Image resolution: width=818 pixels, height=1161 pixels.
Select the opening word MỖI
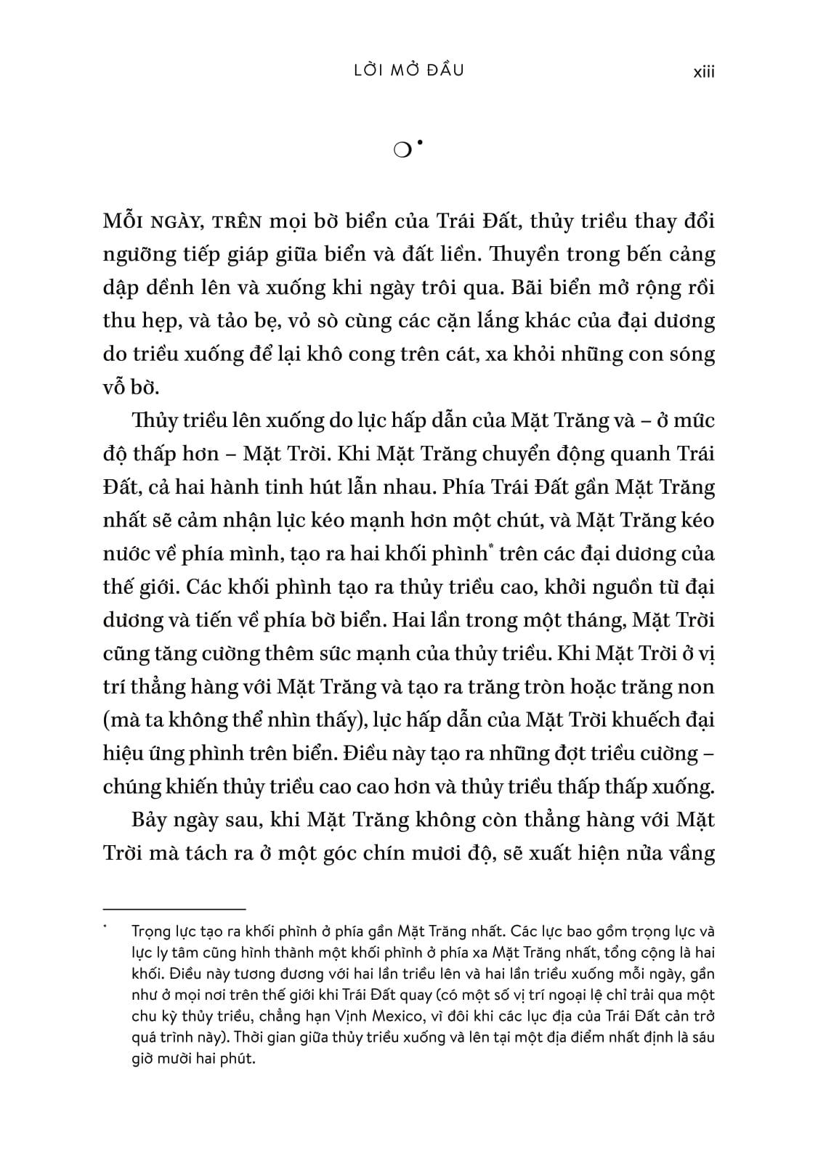[126, 221]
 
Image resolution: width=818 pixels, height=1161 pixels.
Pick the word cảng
[690, 254]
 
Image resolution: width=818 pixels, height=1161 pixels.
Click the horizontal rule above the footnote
[174, 908]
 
